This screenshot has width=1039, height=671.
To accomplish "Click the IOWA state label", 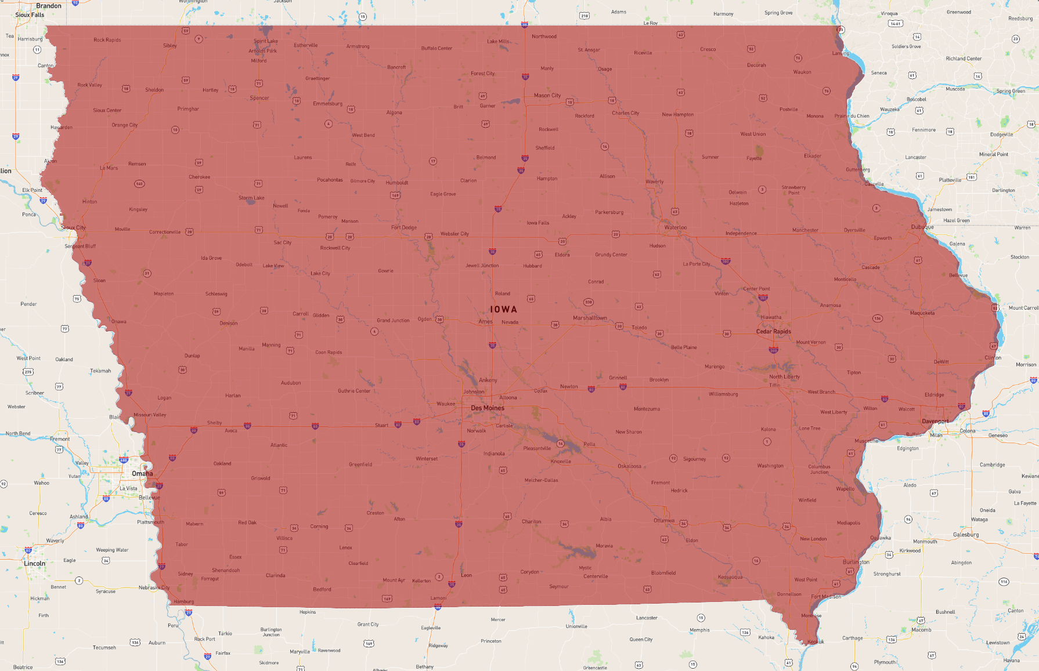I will point(503,310).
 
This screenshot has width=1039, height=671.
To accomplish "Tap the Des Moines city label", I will point(488,408).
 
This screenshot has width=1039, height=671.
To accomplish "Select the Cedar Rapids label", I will point(773,332).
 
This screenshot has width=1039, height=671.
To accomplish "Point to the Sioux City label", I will point(73,227).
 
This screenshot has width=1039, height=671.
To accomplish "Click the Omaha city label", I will point(142,473).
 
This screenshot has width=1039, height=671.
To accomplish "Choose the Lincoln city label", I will point(35,563).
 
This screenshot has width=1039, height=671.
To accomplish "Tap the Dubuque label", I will point(922,227).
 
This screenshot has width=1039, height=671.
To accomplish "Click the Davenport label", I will point(935,421).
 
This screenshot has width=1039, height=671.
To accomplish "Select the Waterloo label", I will point(676,227).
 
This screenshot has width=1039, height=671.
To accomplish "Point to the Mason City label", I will point(547,95).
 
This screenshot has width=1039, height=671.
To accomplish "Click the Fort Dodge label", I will point(404,227).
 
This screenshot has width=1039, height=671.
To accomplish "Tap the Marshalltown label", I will point(590,318).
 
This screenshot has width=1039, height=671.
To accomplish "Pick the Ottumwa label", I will point(664,520).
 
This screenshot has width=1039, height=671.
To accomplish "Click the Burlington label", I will point(856,562).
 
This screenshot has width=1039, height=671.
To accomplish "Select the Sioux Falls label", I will point(30,15).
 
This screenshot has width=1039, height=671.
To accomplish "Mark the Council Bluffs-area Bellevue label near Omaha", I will point(149,498).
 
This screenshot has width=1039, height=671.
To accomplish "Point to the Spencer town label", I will point(259,98).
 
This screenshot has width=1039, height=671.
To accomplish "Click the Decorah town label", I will point(756,65).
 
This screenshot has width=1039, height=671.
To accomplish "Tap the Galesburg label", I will point(966,535).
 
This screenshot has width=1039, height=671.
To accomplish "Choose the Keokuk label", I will point(815,641).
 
